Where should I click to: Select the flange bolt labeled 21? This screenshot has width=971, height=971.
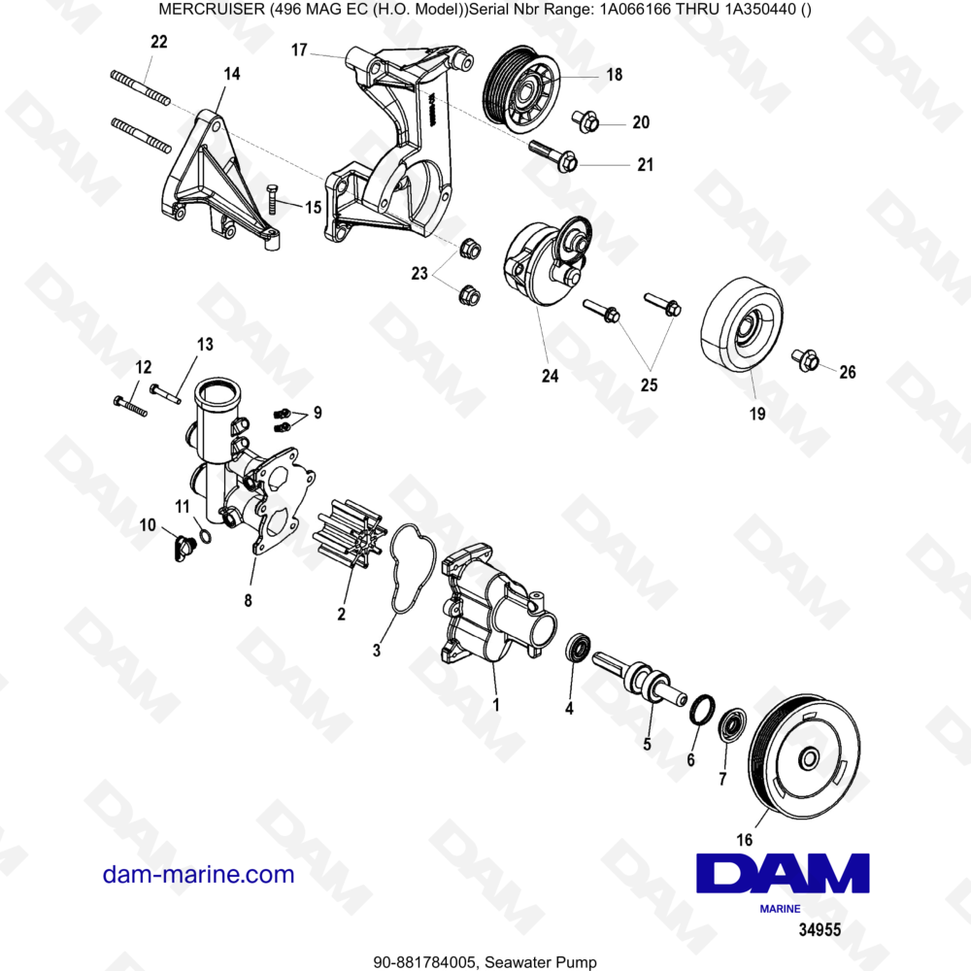click(x=552, y=156)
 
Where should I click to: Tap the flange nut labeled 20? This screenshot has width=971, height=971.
click(x=585, y=121)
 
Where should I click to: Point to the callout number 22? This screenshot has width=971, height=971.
click(x=159, y=42)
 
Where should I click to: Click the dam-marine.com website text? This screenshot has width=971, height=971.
click(x=198, y=874)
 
